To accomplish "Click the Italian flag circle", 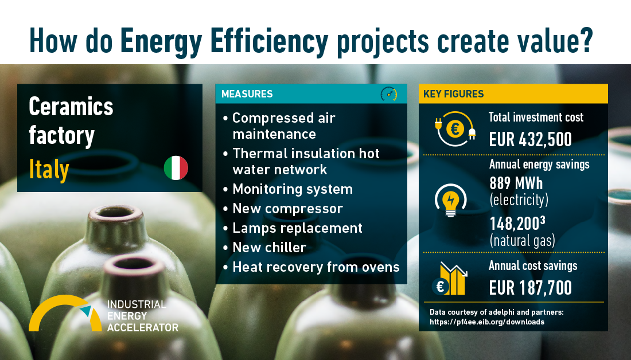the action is pyautogui.click(x=176, y=168).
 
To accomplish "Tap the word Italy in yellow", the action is pyautogui.click(x=49, y=170).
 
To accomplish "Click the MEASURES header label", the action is pyautogui.click(x=247, y=94).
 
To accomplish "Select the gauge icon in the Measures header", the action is pyautogui.click(x=389, y=93).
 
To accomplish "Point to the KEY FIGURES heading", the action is pyautogui.click(x=454, y=94).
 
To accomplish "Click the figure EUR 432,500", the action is pyautogui.click(x=531, y=139).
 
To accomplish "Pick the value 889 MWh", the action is pyautogui.click(x=516, y=183).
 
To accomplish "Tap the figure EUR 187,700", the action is pyautogui.click(x=531, y=288).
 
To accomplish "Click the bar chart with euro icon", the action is pyautogui.click(x=450, y=279).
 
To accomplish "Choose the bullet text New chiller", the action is pyautogui.click(x=269, y=248).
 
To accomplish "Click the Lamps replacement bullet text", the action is pyautogui.click(x=297, y=228).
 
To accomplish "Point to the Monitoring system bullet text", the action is pyautogui.click(x=293, y=189).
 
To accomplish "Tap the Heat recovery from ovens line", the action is pyautogui.click(x=316, y=267).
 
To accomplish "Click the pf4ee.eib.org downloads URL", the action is pyautogui.click(x=487, y=322).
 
